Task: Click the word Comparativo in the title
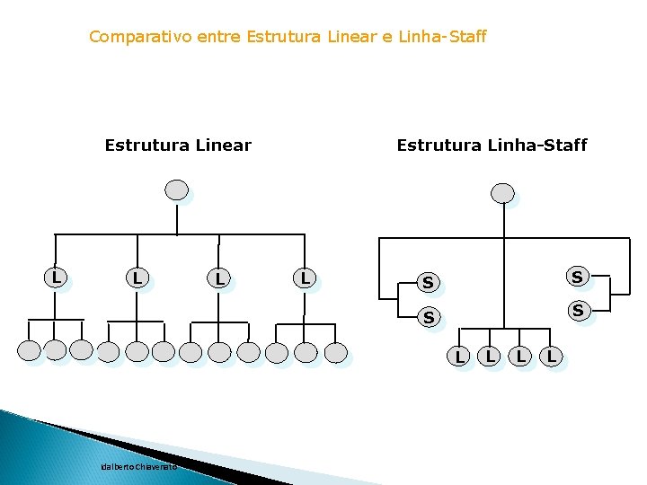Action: point(131,37)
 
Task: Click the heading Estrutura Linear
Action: point(178,145)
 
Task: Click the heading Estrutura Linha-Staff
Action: point(492,145)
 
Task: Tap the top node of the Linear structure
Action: point(177,190)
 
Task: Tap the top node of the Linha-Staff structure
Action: point(503,193)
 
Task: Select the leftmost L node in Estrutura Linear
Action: point(56,278)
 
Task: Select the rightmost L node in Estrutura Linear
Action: point(305,278)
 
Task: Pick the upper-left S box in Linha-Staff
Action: point(428,283)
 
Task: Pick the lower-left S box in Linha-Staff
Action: point(429,317)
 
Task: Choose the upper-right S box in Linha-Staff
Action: point(577,277)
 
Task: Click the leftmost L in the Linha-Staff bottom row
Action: point(458,357)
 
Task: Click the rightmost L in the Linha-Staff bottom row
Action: point(552,357)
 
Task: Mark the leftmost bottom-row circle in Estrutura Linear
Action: point(30,351)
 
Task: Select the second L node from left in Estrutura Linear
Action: point(137,278)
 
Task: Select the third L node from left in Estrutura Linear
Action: point(219,279)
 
